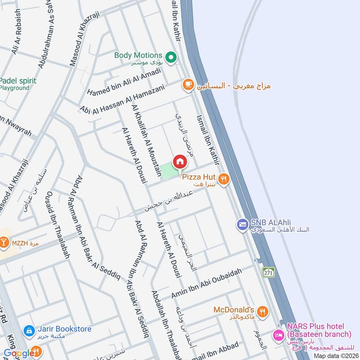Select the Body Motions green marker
coord(171,57)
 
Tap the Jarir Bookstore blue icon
coord(29,331)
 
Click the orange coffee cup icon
coord(187,84)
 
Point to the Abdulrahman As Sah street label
coord(51,38)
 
